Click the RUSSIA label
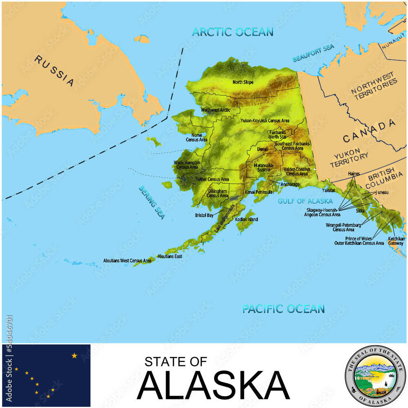pos(54,71)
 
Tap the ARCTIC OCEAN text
pos(233,32)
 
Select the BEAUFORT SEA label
pos(313,54)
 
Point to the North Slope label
pos(243,82)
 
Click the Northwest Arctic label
pos(215,110)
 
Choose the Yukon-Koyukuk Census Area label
pos(265,121)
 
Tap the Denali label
pos(263,149)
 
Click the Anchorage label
pos(290,184)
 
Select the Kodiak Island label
pos(246,220)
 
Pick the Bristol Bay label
pos(204,215)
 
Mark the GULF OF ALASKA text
pos(305,201)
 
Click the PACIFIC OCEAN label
pos(284,309)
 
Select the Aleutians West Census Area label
pos(127,260)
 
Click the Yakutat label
pos(328,190)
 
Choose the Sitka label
pos(360,211)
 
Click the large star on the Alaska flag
pos(74,356)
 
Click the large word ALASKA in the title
pos(213,386)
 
